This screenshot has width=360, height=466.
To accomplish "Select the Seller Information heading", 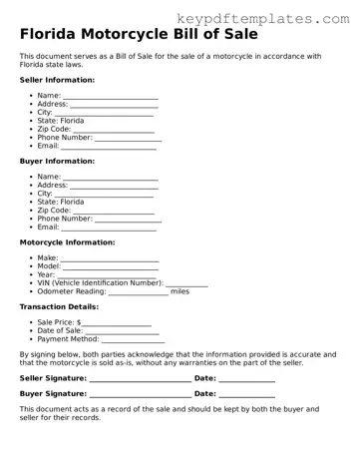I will [57, 79].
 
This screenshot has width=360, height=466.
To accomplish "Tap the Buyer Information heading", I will [57, 160].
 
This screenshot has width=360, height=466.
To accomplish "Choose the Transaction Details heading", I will [59, 306].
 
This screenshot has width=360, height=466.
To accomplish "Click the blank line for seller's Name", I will [111, 96].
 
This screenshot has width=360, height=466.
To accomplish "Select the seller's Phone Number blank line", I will [128, 138].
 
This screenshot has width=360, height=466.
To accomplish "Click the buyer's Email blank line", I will [110, 228].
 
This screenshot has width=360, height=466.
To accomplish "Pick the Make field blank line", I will [110, 258].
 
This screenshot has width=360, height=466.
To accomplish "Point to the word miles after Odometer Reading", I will [180, 291].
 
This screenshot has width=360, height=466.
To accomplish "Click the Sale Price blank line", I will [116, 323].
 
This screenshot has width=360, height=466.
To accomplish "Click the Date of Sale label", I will [67, 331].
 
